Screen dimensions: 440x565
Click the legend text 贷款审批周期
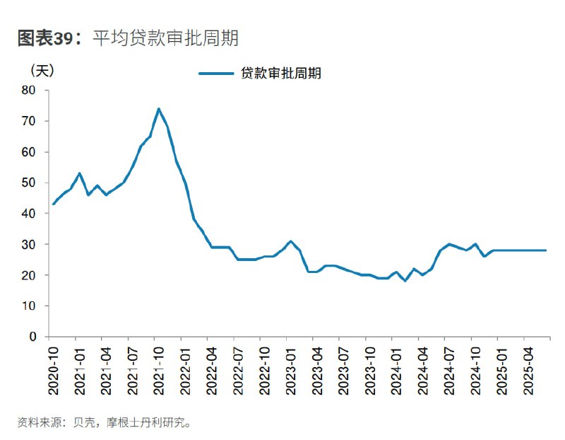coord(281,73)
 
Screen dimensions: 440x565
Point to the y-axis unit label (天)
coord(42,71)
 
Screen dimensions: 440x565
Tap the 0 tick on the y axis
coord(32,337)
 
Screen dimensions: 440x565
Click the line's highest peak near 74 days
coord(158,109)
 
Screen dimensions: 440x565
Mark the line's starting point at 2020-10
coord(54,204)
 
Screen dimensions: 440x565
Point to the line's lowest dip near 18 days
coord(405,281)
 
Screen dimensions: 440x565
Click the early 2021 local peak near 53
coord(80,173)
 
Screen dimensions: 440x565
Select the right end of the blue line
coord(545,250)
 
